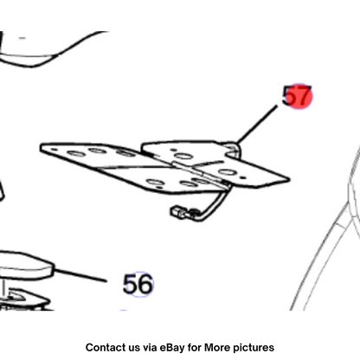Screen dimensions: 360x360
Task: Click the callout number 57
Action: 297,96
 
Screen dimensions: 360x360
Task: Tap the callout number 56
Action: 138,285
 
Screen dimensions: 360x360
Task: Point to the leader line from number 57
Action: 257,124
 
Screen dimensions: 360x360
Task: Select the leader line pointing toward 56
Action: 80,275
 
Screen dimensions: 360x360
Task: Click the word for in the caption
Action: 194,347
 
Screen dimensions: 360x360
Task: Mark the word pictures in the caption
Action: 254,348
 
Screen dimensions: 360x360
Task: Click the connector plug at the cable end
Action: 179,212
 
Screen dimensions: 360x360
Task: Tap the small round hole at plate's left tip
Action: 54,150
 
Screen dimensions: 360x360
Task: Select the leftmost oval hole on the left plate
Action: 75,153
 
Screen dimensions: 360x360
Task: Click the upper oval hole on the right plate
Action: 183,157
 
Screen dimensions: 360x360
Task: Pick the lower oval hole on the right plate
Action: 228,172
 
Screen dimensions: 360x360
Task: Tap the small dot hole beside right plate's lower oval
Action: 244,177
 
